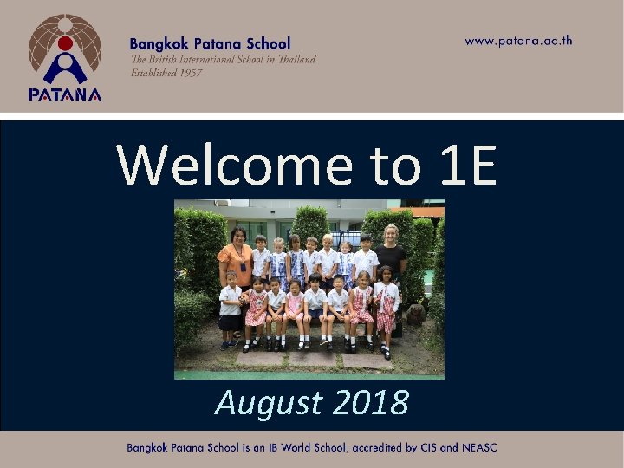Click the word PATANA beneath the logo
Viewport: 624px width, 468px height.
(65, 95)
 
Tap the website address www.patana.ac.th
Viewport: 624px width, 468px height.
(518, 41)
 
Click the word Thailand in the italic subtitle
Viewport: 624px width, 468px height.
(293, 59)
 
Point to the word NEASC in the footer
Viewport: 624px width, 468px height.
(478, 448)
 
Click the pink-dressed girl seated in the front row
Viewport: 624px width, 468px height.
(295, 307)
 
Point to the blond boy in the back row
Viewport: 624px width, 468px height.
(327, 256)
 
